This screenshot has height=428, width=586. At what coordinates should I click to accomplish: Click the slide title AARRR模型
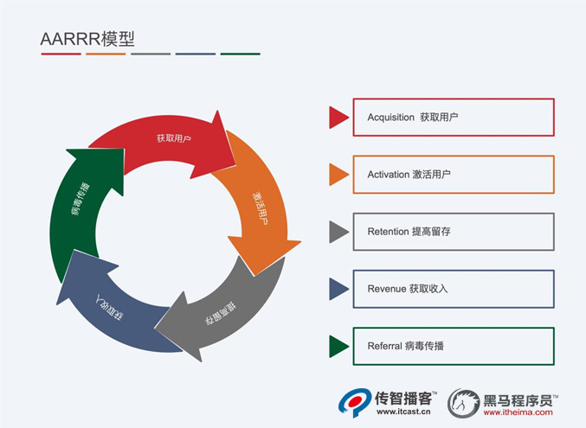[x=87, y=38]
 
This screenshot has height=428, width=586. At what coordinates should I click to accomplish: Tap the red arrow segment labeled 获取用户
[x=173, y=139]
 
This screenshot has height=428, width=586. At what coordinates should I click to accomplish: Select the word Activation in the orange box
[x=387, y=174]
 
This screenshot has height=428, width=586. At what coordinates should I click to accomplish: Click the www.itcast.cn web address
[x=406, y=413]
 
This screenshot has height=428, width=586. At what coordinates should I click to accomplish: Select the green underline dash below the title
[x=240, y=54]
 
